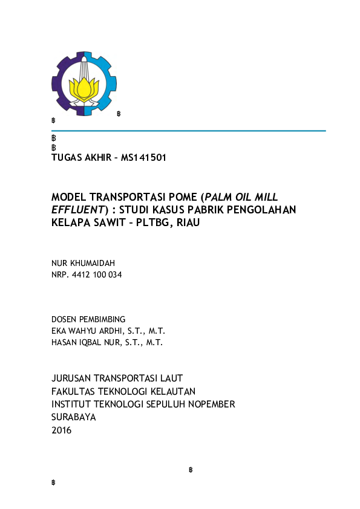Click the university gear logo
point(83,83)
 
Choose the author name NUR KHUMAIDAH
point(83,264)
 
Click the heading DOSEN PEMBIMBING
point(88,319)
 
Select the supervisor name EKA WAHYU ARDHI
point(88,331)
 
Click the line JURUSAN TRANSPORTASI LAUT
point(117,378)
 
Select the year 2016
point(61,430)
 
